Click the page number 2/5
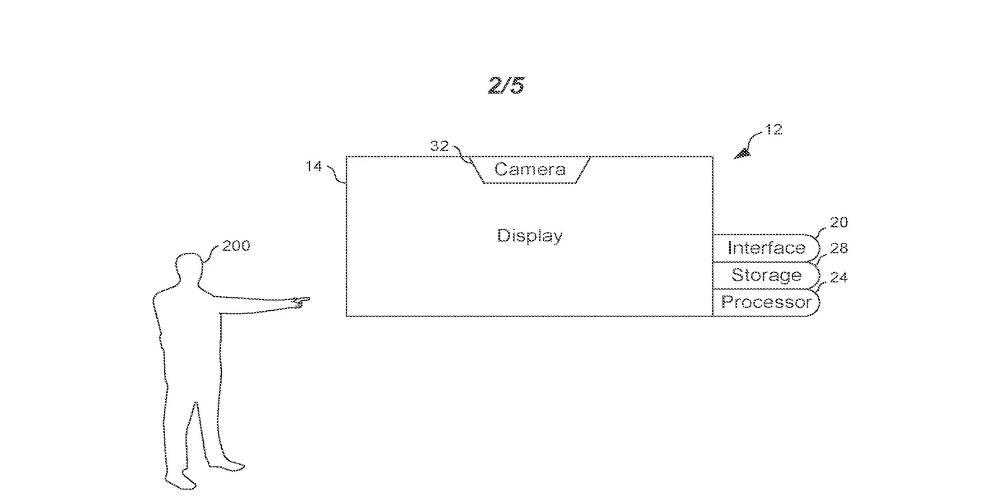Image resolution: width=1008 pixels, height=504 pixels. [x=506, y=86]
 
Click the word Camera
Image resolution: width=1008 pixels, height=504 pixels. [x=530, y=169]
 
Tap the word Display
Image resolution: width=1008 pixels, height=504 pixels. [x=530, y=236]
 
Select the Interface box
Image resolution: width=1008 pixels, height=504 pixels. [x=766, y=248]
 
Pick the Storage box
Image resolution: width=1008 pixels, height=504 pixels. [x=766, y=276]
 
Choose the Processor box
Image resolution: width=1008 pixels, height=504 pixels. [x=766, y=302]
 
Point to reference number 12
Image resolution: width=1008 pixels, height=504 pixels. [x=773, y=130]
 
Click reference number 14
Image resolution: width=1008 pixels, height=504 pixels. [x=314, y=166]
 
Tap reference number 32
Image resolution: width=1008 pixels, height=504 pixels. [x=440, y=146]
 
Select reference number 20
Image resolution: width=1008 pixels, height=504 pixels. [x=839, y=222]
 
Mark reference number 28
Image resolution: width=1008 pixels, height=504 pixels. [x=839, y=248]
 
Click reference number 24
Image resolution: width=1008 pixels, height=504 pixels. [x=838, y=277]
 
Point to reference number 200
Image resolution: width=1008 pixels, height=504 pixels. [x=236, y=246]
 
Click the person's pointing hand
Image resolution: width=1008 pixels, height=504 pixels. [x=300, y=302]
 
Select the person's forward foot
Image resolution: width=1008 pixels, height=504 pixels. [x=227, y=465]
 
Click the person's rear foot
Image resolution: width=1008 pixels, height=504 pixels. [x=180, y=482]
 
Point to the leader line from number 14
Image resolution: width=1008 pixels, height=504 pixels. [x=337, y=174]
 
